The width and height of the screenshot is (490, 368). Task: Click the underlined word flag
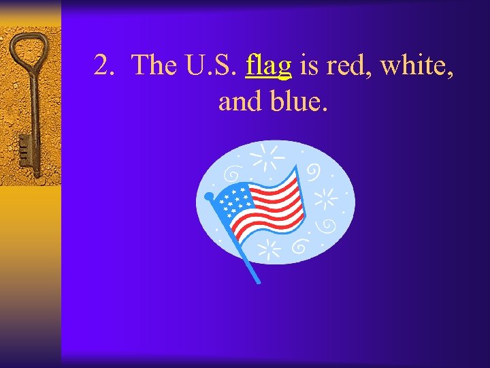pos(269,65)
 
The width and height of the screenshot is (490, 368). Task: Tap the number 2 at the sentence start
pos(102,65)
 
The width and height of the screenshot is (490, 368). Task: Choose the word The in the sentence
pos(155,65)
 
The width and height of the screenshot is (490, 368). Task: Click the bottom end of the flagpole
pos(257,280)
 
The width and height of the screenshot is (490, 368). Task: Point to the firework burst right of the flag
pos(327,198)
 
